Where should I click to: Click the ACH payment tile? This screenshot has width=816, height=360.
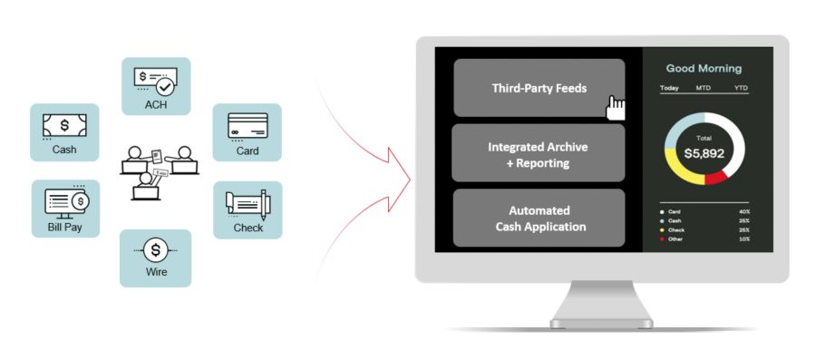(156, 86)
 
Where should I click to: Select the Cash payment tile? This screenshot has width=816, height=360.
(64, 132)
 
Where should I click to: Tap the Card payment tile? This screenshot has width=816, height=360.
(248, 132)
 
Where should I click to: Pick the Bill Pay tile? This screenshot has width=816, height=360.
(65, 209)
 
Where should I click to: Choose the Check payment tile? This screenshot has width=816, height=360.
(248, 209)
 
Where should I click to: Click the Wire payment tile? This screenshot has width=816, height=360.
(156, 258)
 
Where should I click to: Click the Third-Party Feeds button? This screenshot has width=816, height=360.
(539, 88)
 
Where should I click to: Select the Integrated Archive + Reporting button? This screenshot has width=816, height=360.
(539, 153)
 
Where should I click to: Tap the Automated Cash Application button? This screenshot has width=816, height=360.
(539, 218)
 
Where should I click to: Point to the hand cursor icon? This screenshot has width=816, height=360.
(617, 107)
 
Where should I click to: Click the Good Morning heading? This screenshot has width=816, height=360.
(704, 68)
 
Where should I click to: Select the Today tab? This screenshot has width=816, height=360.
(669, 88)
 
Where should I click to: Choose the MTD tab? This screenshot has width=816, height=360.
(704, 88)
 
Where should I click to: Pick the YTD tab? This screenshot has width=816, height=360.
(741, 88)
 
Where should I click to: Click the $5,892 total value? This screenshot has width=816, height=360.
(704, 153)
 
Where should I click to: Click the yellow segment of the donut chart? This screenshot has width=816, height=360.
(678, 167)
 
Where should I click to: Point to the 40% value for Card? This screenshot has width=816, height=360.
(743, 211)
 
